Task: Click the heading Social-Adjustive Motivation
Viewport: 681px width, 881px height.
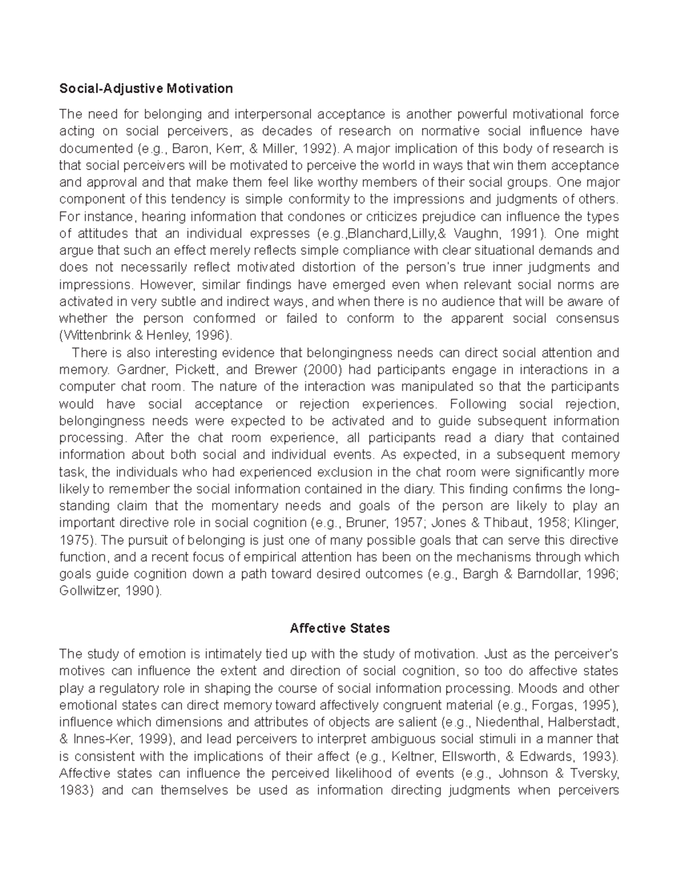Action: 146,88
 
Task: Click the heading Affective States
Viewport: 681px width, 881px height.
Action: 339,628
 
